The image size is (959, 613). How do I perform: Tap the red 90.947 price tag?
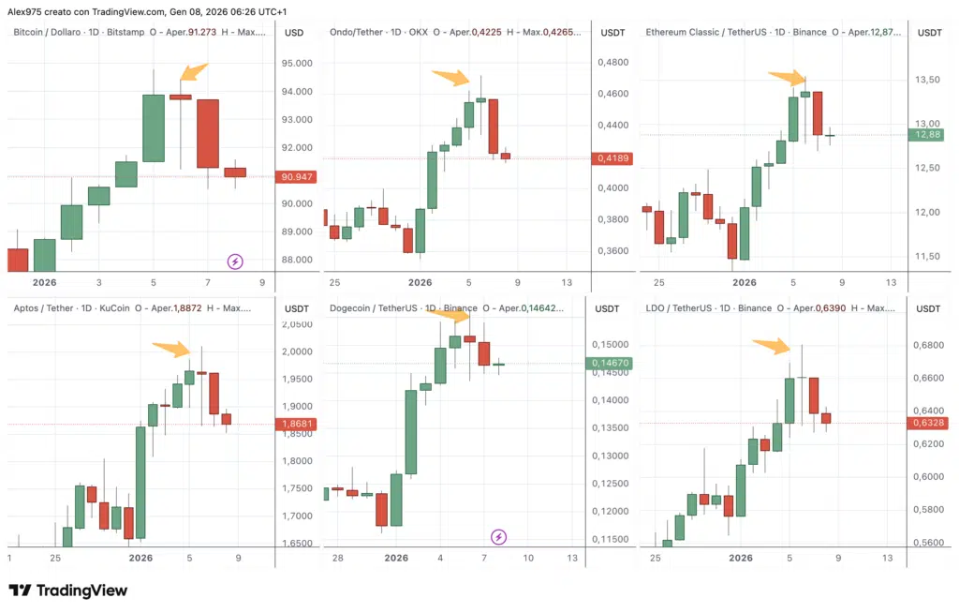click(x=296, y=177)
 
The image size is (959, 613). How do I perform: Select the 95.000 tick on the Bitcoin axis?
click(x=297, y=64)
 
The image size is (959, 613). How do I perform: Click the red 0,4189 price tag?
click(x=613, y=158)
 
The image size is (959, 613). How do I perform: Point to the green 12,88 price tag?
click(x=928, y=135)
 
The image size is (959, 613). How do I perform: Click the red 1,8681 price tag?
click(x=297, y=425)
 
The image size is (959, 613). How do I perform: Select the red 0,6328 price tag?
click(x=928, y=424)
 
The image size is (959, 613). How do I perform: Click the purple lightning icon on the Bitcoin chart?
click(x=235, y=262)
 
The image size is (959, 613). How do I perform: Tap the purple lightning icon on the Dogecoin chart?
click(x=499, y=537)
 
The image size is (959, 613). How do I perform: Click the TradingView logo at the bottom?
click(x=67, y=591)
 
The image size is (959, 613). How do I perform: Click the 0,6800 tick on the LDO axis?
click(x=926, y=346)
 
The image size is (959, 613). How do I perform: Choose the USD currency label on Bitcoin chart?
click(x=294, y=33)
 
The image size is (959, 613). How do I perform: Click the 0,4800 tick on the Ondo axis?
click(x=612, y=63)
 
